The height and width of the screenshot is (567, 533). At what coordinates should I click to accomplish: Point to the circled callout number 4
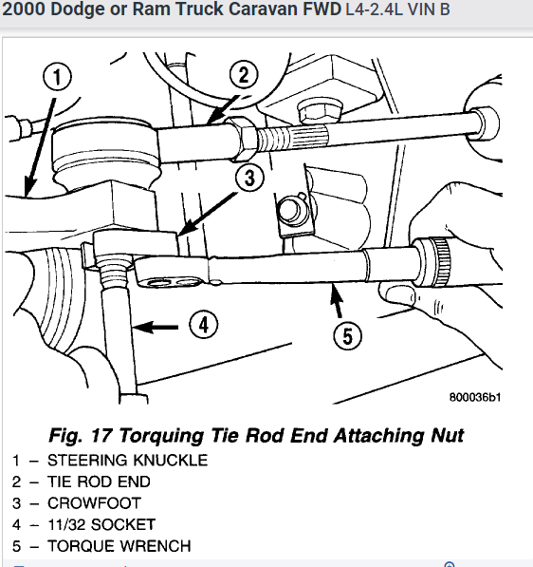pyautogui.click(x=203, y=325)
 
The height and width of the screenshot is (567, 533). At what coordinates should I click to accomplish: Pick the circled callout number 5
pyautogui.click(x=348, y=333)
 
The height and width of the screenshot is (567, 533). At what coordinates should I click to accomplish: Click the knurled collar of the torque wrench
pyautogui.click(x=437, y=255)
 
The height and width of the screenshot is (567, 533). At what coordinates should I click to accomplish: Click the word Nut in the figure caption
pyautogui.click(x=445, y=435)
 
